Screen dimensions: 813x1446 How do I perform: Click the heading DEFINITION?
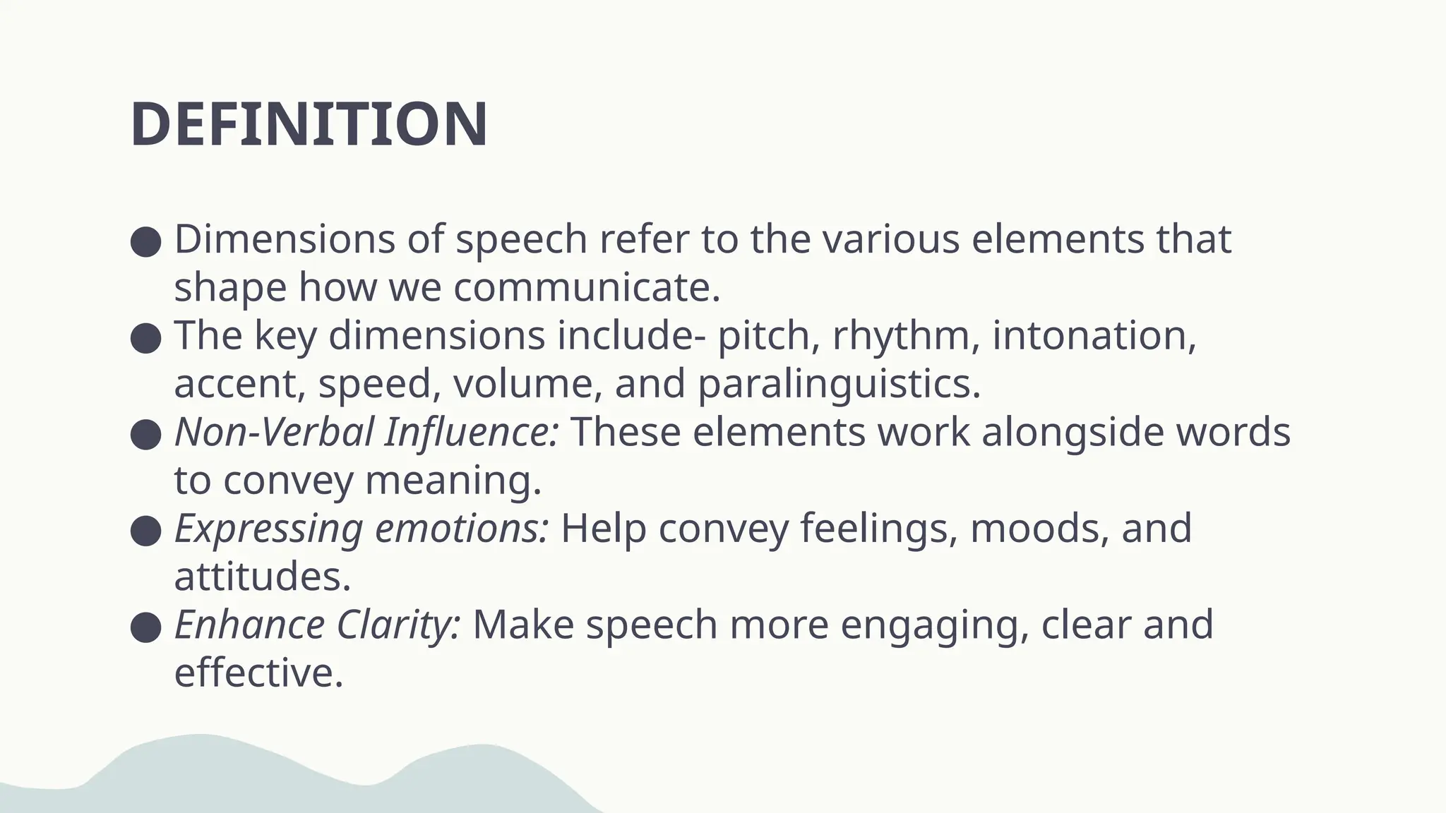[309, 125]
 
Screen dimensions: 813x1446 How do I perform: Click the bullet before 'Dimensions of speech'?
[146, 241]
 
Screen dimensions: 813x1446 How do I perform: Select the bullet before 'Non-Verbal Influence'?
[146, 434]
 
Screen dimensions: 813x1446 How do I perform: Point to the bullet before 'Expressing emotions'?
[146, 530]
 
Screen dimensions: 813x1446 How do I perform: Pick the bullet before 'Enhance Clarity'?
[146, 627]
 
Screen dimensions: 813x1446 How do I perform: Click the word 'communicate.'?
[587, 288]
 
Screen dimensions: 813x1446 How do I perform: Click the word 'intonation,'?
[1094, 336]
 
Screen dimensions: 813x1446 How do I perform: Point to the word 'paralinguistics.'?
[839, 385]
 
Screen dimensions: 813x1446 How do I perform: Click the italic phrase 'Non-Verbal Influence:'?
[366, 432]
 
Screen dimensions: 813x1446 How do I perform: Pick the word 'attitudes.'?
[263, 577]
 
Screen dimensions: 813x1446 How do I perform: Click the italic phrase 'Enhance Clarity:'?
[318, 625]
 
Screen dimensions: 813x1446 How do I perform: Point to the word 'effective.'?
[258, 673]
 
